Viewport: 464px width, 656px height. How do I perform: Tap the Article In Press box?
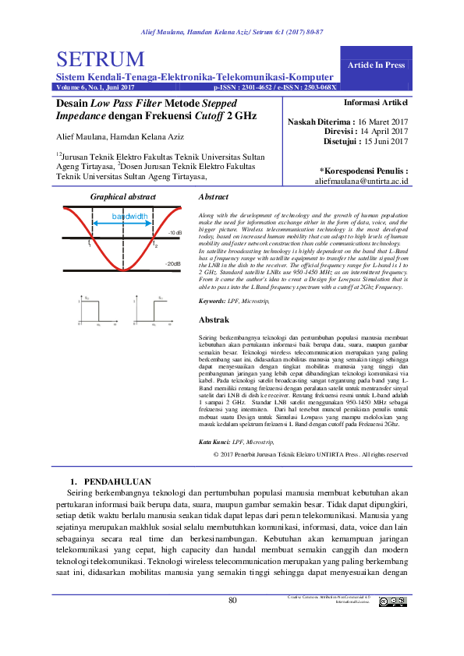tap(377, 65)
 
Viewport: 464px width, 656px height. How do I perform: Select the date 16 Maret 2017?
tap(382, 122)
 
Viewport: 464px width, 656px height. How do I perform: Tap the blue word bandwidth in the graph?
tap(129, 216)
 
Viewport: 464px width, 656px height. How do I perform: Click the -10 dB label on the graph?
tap(175, 233)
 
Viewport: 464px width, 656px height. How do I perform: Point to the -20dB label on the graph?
tap(173, 264)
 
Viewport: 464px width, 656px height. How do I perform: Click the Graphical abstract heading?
tap(124, 198)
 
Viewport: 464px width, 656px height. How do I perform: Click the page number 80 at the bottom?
tap(232, 600)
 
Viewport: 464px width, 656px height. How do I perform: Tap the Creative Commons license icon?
tap(393, 601)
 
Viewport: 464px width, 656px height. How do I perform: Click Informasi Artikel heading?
tap(376, 102)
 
